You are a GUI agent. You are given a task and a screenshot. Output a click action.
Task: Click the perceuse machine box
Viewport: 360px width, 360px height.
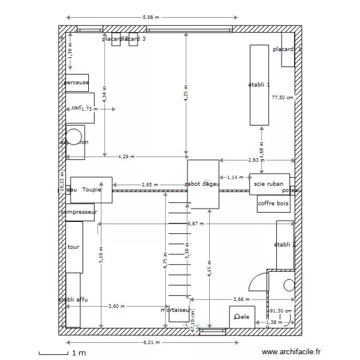[x=77, y=83]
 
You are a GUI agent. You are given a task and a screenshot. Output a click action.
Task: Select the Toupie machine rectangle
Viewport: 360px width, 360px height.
[x=91, y=190]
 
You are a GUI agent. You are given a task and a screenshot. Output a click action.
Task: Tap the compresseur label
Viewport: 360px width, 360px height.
[x=79, y=212]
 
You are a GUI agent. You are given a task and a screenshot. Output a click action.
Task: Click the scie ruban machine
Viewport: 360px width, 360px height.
[x=269, y=184]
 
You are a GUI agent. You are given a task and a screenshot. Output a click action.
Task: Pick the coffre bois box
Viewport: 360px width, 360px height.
[x=274, y=204]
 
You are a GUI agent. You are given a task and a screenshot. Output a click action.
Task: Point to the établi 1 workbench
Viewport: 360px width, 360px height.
[x=259, y=84]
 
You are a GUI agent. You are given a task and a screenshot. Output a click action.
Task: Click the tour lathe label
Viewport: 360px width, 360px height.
[x=74, y=247]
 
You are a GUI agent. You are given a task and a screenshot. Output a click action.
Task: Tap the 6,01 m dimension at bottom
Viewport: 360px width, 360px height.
[x=151, y=343]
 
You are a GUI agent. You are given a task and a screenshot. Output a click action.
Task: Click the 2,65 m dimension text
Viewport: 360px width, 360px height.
[x=149, y=185]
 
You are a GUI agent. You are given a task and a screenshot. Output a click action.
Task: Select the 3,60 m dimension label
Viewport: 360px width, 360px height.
[x=117, y=306]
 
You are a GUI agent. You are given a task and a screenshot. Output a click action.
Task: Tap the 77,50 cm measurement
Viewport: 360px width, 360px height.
[x=282, y=97]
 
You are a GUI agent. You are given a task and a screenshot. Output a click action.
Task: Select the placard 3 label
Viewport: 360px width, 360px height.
[x=136, y=39]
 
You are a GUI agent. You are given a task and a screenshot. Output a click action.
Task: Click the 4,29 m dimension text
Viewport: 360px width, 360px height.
[x=126, y=156]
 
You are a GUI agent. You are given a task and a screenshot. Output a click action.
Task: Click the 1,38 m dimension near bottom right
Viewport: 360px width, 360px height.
[x=274, y=322]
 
